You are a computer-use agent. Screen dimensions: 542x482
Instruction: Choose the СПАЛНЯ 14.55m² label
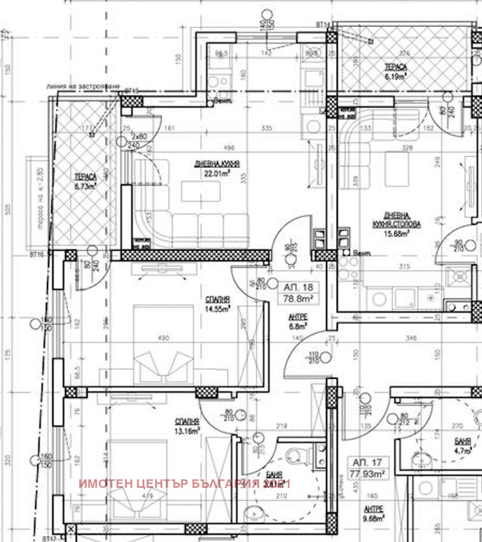pos(218,305)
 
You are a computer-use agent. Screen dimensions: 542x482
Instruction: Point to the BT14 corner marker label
pos(322,25)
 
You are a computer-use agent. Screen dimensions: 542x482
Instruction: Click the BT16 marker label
pos(37,255)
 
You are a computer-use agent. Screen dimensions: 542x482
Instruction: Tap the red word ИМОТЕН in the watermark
pos(105,484)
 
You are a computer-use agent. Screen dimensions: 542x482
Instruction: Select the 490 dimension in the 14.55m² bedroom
pos(163,338)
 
